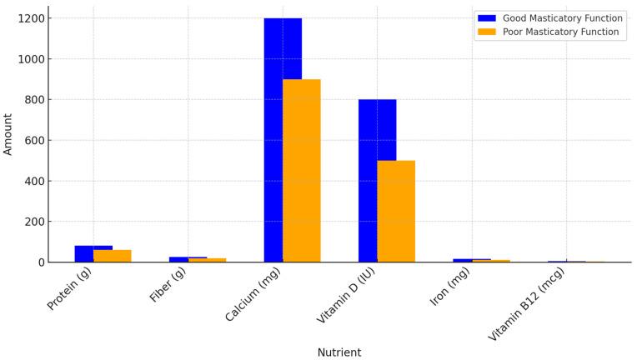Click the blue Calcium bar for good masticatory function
point(273,125)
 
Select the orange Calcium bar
point(302,171)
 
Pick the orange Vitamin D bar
point(396,212)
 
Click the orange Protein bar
point(113,256)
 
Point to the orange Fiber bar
point(208,260)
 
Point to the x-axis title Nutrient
point(339,352)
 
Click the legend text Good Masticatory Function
point(562,18)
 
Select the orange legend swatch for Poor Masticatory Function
point(486,32)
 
